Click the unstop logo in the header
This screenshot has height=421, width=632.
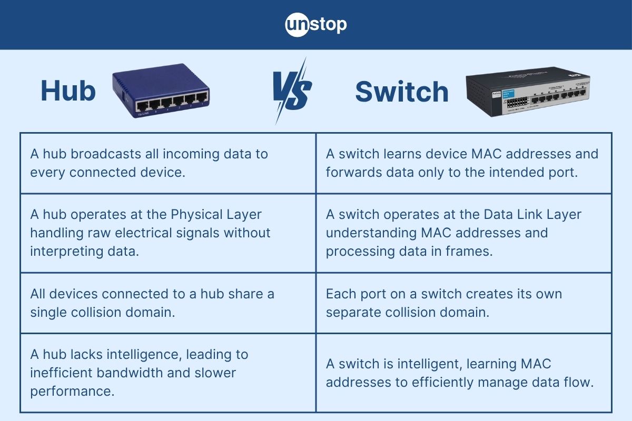coord(316,25)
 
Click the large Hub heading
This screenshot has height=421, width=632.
coord(68,92)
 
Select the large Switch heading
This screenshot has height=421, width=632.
coord(402,92)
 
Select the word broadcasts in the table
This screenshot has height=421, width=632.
coord(110,154)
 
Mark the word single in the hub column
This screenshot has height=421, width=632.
coord(49,312)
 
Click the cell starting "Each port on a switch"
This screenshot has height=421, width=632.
coord(463,303)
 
